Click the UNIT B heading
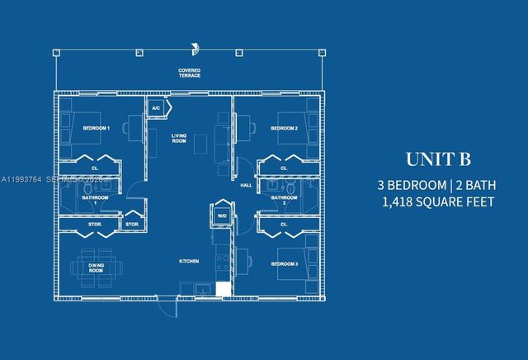click(x=436, y=159)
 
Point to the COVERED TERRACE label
click(x=189, y=73)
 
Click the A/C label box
click(x=155, y=108)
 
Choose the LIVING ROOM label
click(x=179, y=138)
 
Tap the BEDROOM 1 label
click(x=97, y=128)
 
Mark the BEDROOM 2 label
click(x=284, y=128)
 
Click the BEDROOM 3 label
click(x=284, y=264)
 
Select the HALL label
click(x=246, y=185)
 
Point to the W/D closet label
click(x=221, y=216)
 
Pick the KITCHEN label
click(x=190, y=261)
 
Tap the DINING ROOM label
click(x=97, y=268)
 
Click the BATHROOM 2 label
click(x=284, y=200)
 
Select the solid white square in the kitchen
click(x=222, y=288)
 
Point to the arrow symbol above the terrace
click(x=195, y=47)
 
